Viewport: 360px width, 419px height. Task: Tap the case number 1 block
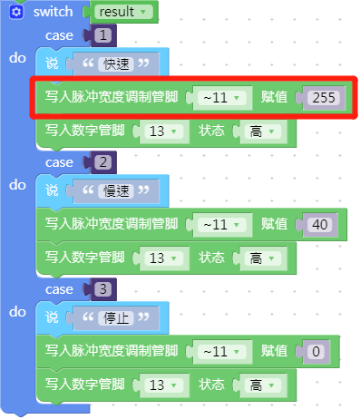(103, 35)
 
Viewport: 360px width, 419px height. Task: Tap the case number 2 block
(103, 162)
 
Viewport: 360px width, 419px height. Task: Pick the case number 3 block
(103, 289)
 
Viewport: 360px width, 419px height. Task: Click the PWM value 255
(322, 97)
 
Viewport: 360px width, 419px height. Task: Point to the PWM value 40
(318, 224)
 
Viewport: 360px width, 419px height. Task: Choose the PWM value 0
(315, 351)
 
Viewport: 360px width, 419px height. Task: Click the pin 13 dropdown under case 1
(161, 132)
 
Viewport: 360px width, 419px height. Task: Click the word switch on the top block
(53, 13)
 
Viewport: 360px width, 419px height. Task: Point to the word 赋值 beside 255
(275, 97)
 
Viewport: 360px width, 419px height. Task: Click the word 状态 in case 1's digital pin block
(213, 132)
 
